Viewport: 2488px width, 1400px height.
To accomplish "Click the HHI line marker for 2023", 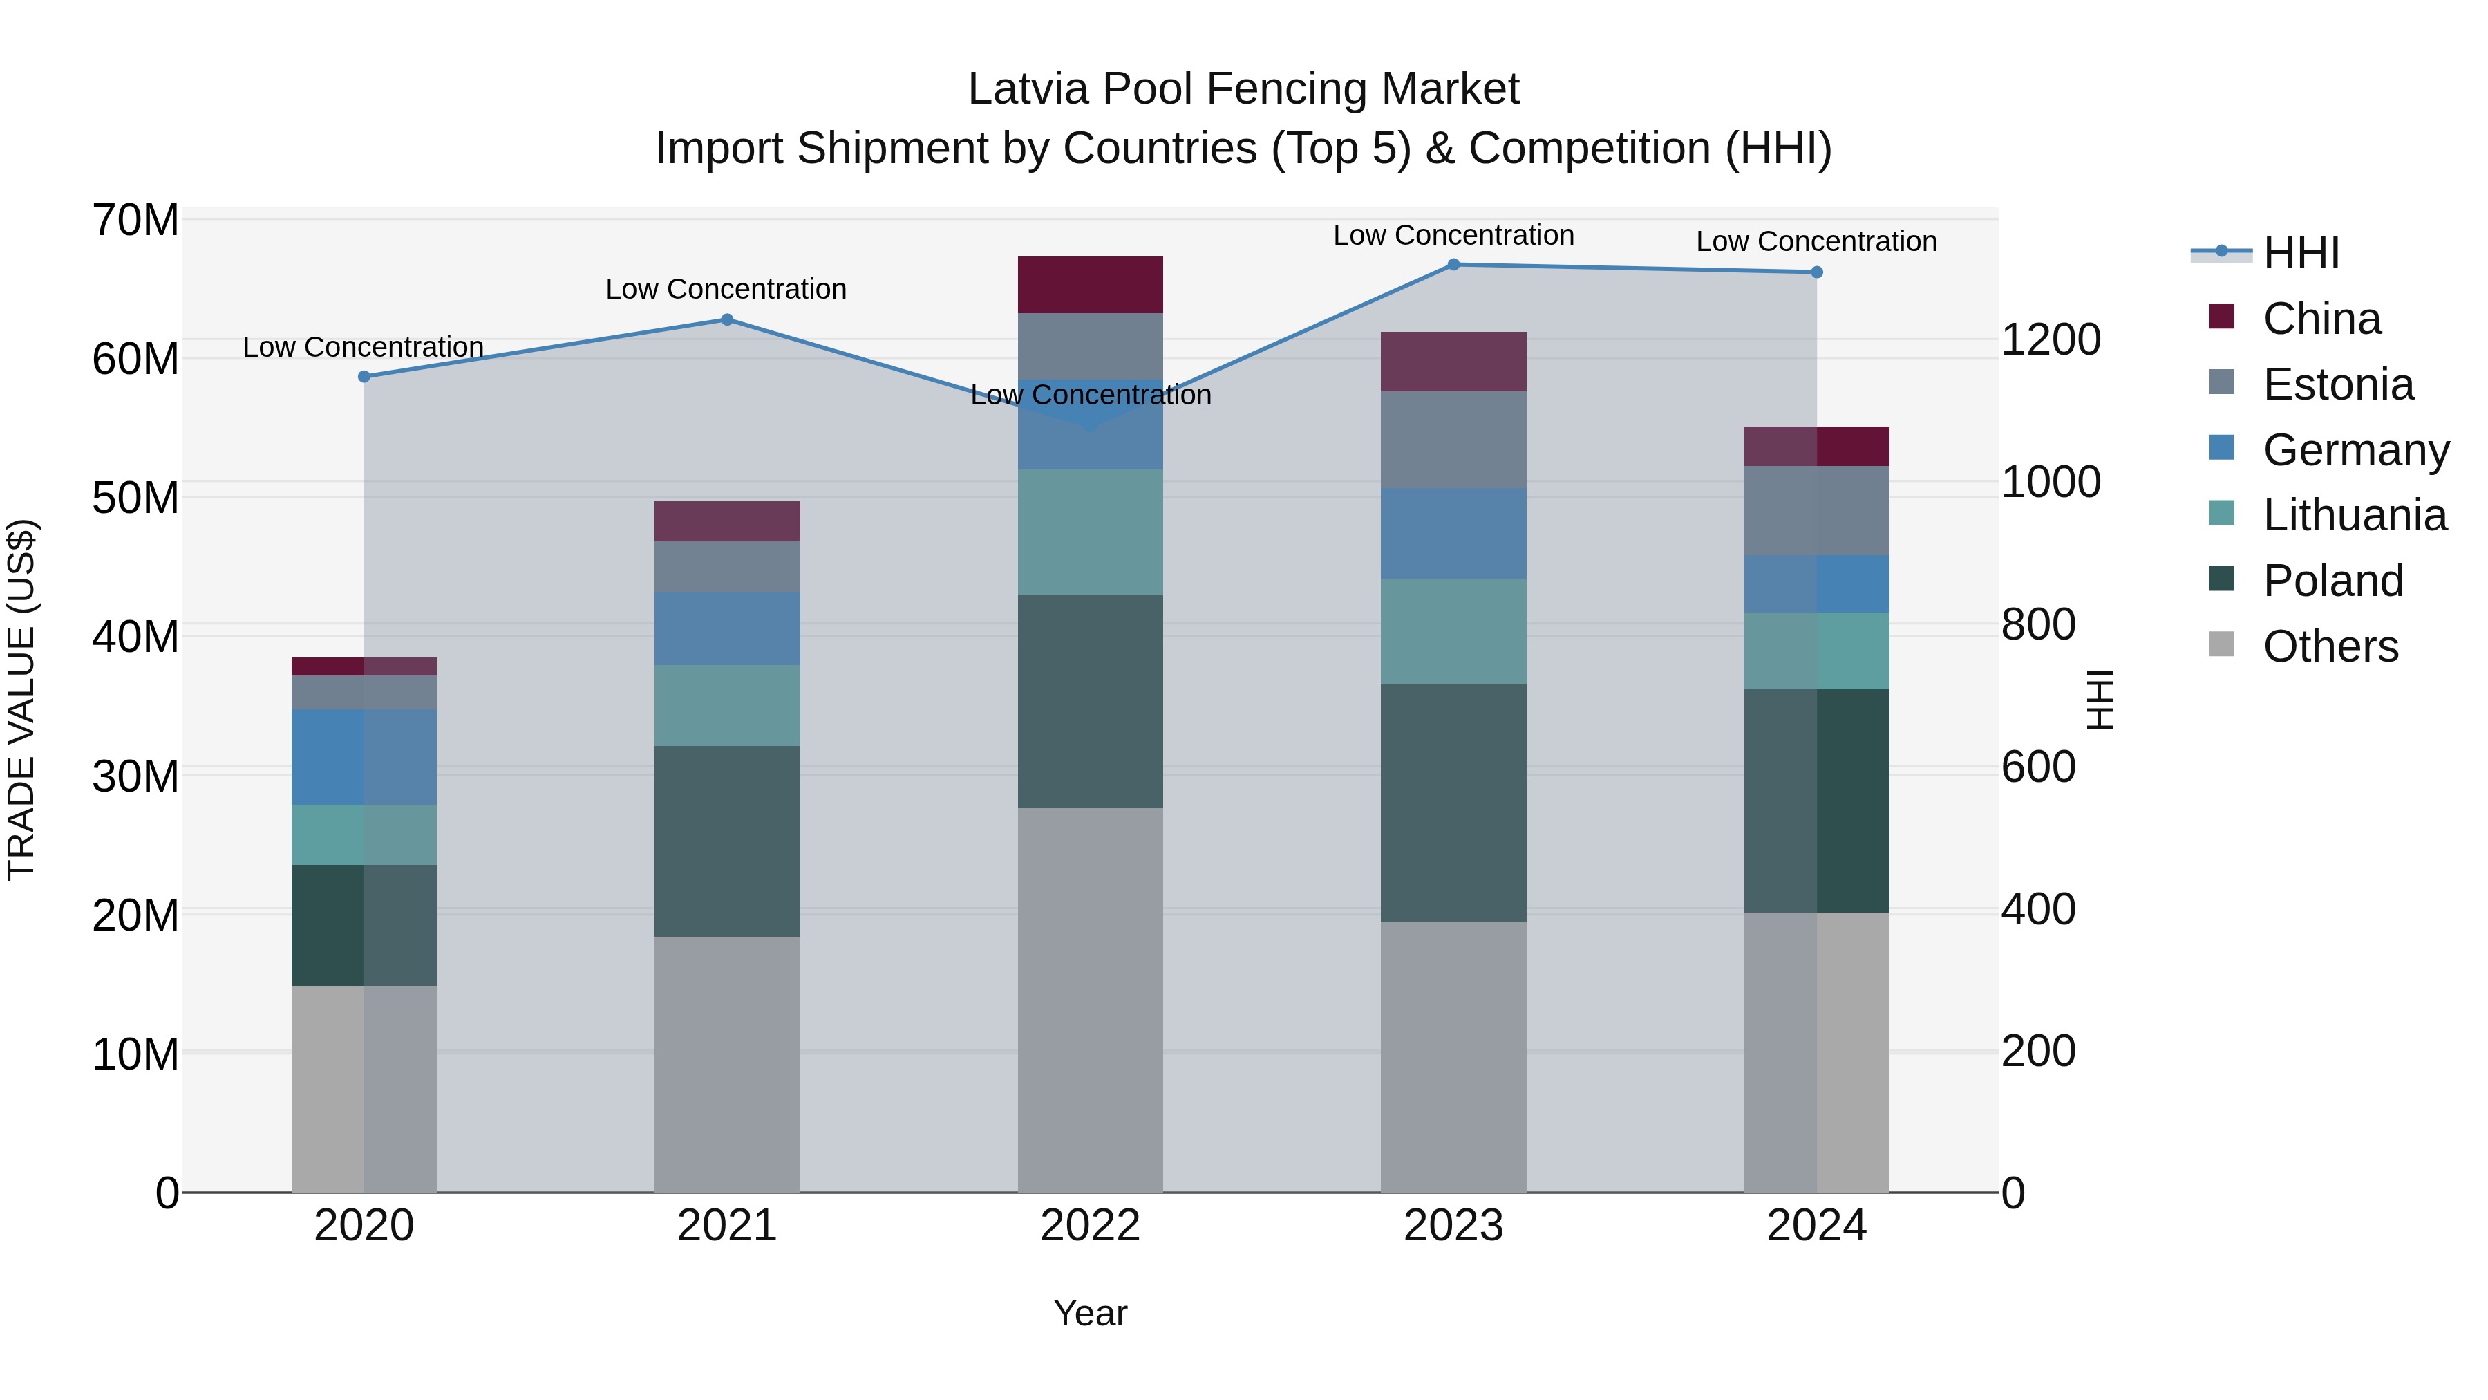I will click(1453, 265).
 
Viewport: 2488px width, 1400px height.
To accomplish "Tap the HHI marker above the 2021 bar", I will click(727, 320).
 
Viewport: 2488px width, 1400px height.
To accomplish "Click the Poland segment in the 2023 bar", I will click(1453, 802).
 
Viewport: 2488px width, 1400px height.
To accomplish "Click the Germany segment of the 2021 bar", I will click(727, 628).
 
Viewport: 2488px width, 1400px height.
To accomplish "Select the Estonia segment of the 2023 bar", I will click(1453, 440).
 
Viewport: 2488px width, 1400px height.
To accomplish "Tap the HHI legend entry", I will click(2301, 253).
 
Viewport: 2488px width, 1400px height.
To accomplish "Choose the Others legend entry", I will click(2330, 646).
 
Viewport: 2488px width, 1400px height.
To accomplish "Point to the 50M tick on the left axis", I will click(135, 498).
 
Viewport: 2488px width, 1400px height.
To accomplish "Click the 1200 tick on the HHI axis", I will click(2050, 340).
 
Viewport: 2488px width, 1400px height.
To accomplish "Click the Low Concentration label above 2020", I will click(363, 347).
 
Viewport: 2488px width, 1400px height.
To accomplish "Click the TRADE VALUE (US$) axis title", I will click(21, 700).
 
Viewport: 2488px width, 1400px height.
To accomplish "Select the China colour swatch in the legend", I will click(2221, 317).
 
